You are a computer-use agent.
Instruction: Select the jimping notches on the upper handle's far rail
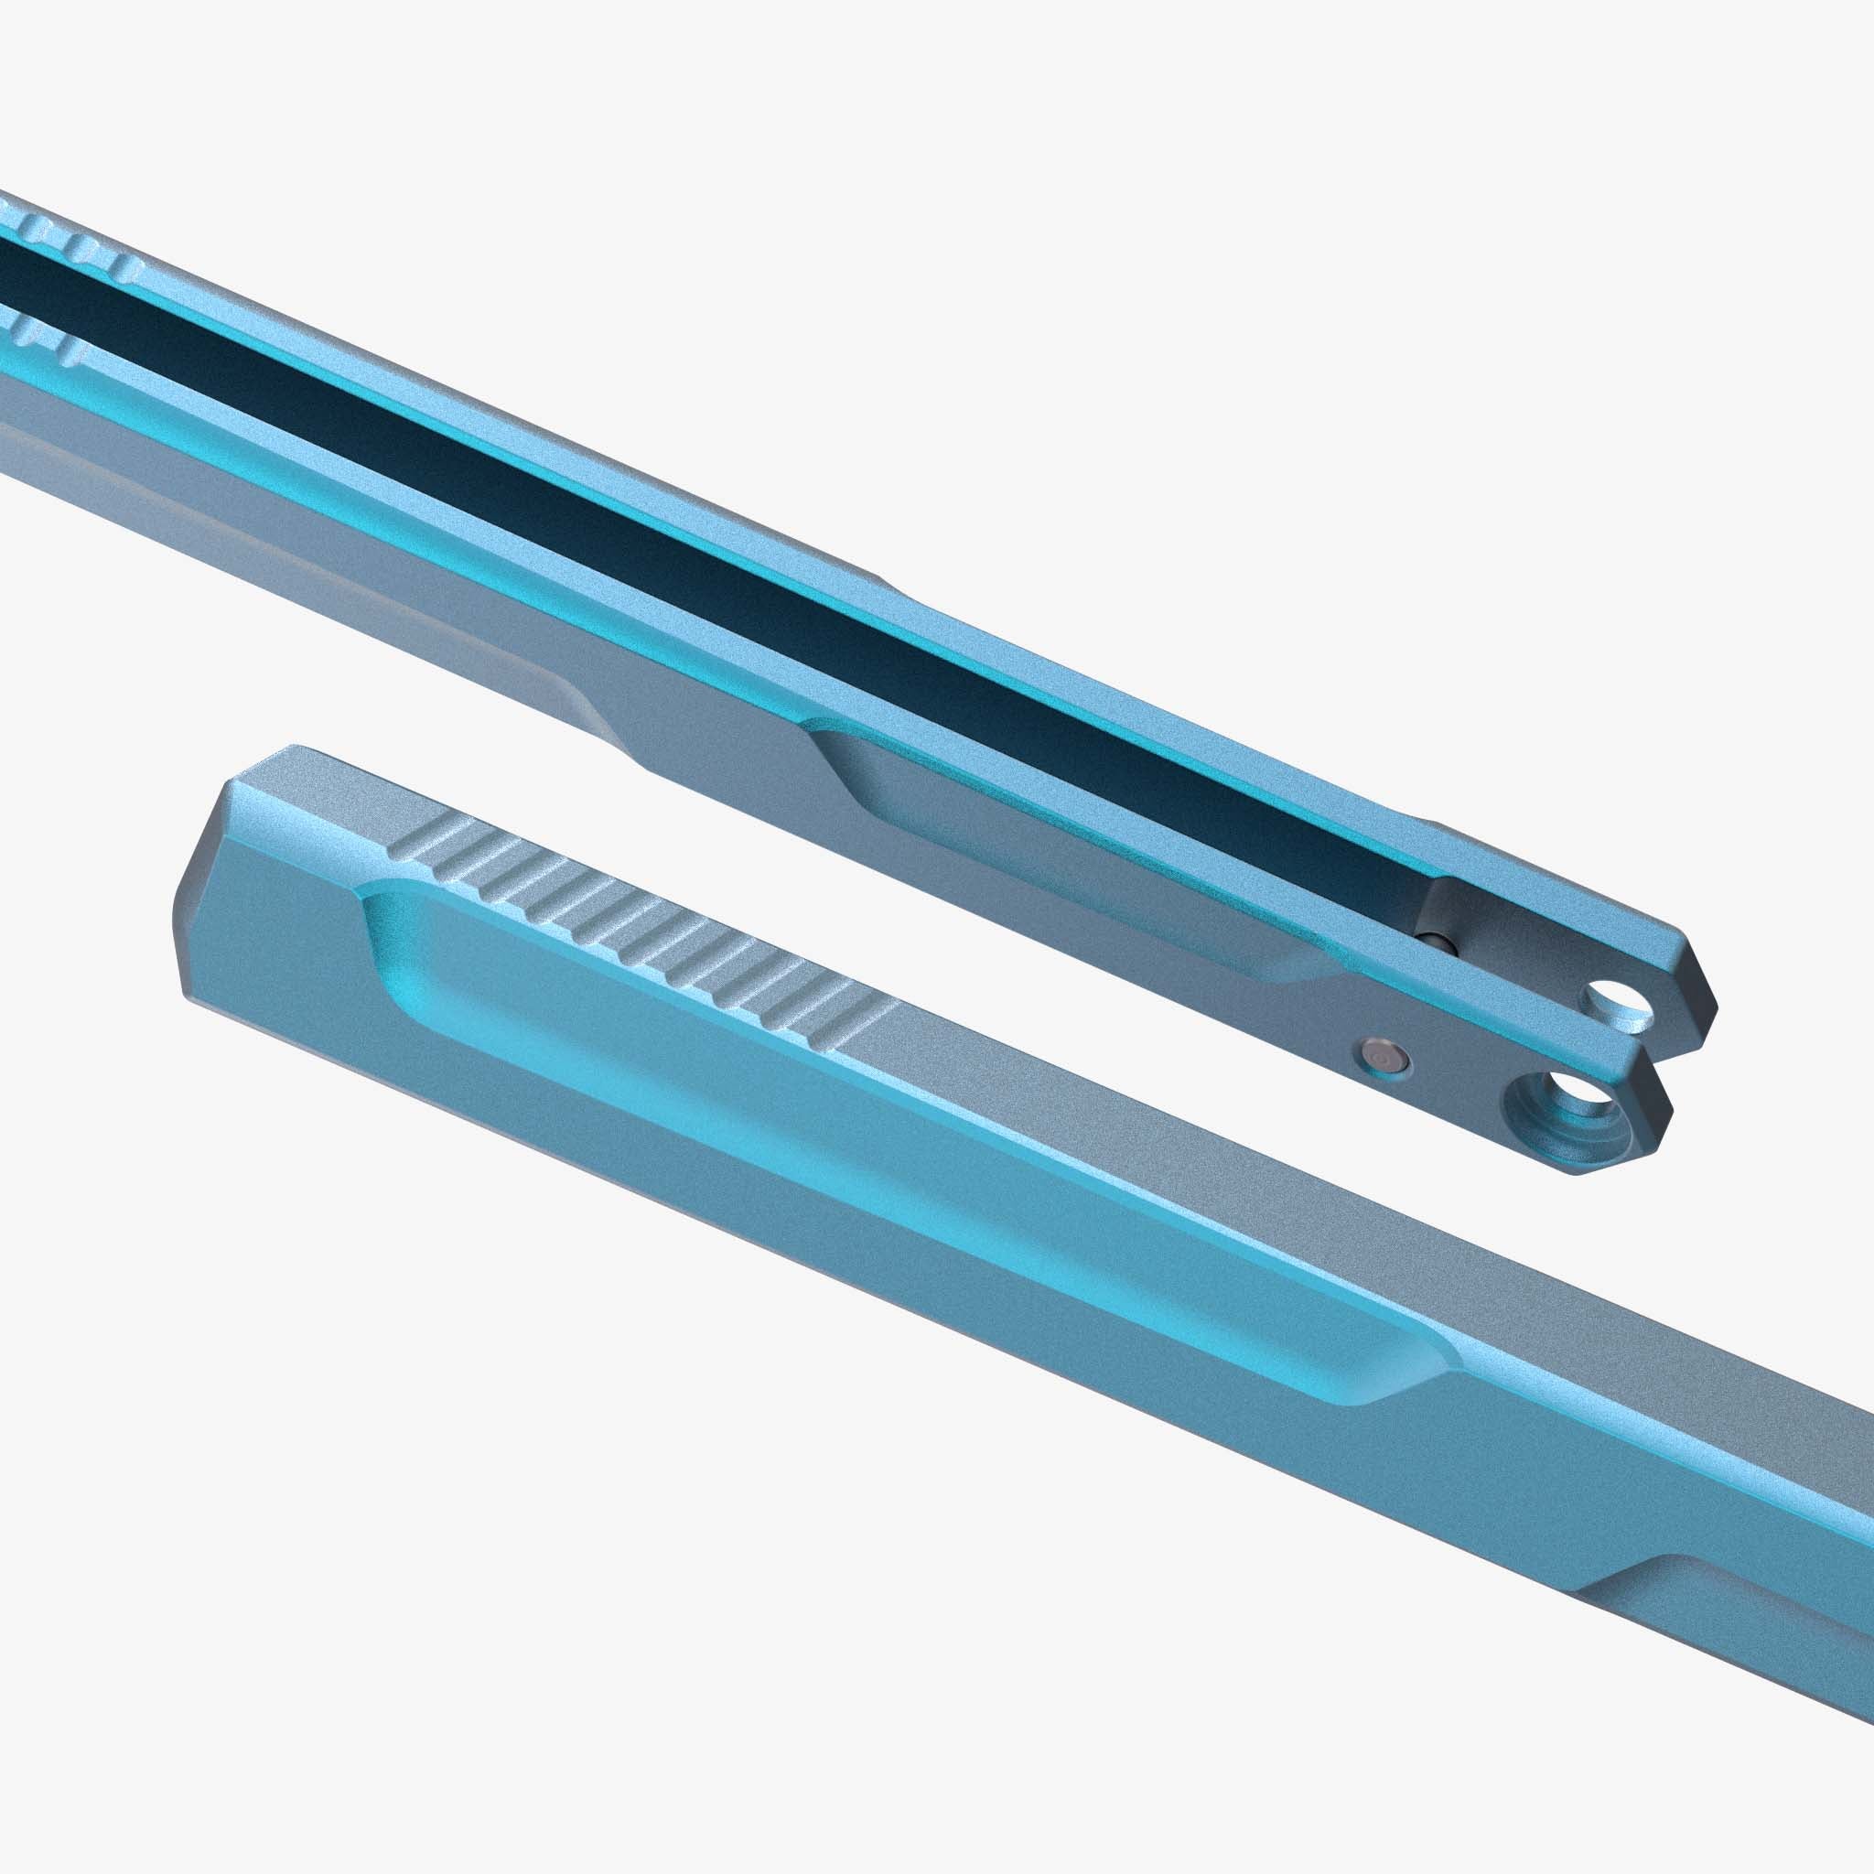click(x=78, y=244)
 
